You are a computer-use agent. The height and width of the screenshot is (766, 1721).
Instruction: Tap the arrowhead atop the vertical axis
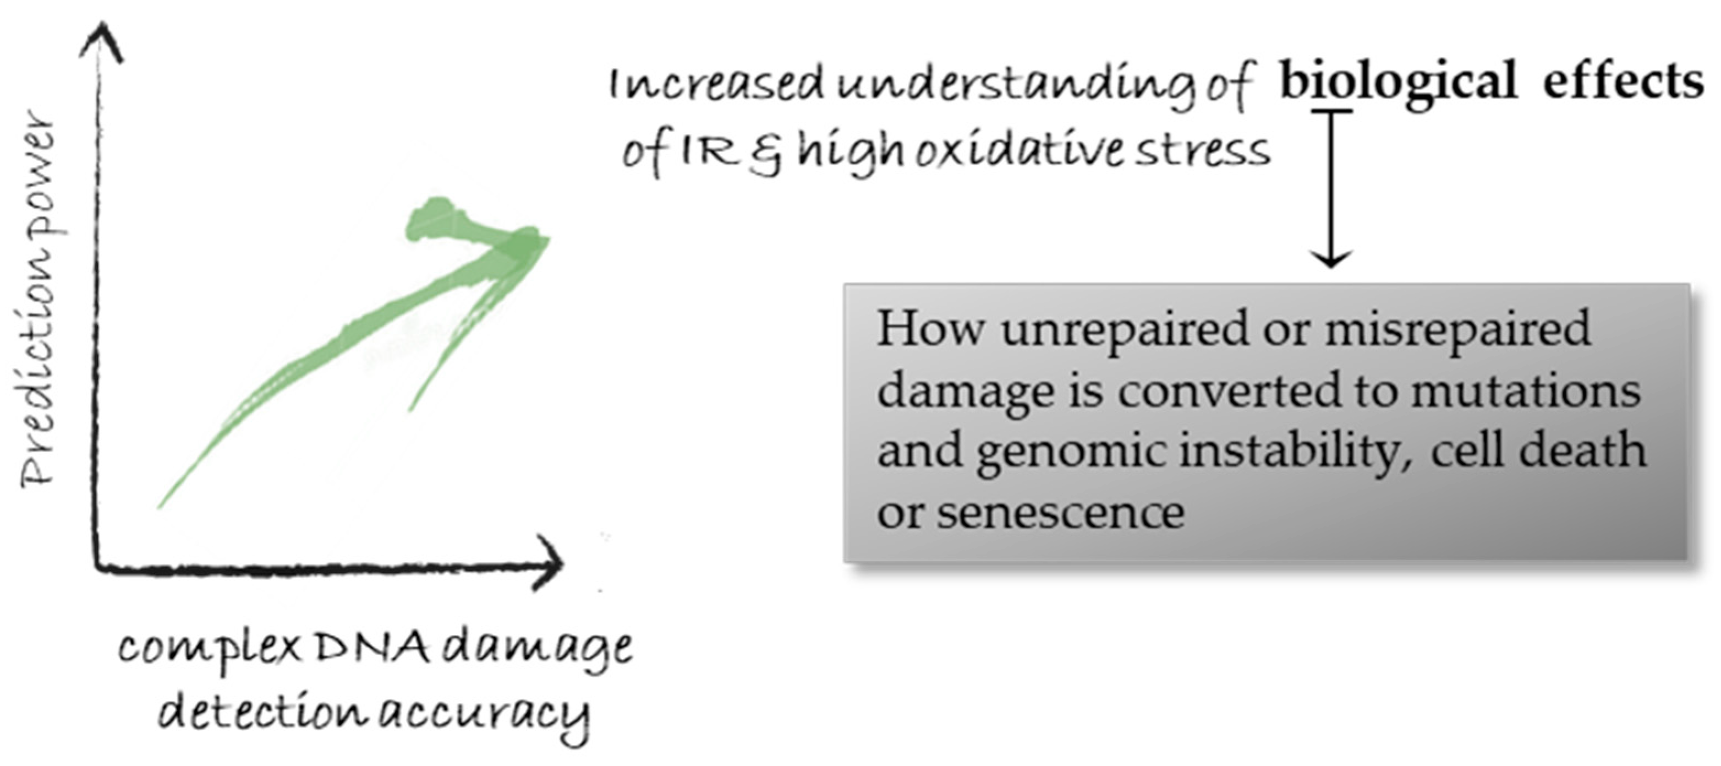(102, 41)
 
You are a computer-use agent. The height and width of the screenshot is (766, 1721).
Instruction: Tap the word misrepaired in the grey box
(1457, 329)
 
